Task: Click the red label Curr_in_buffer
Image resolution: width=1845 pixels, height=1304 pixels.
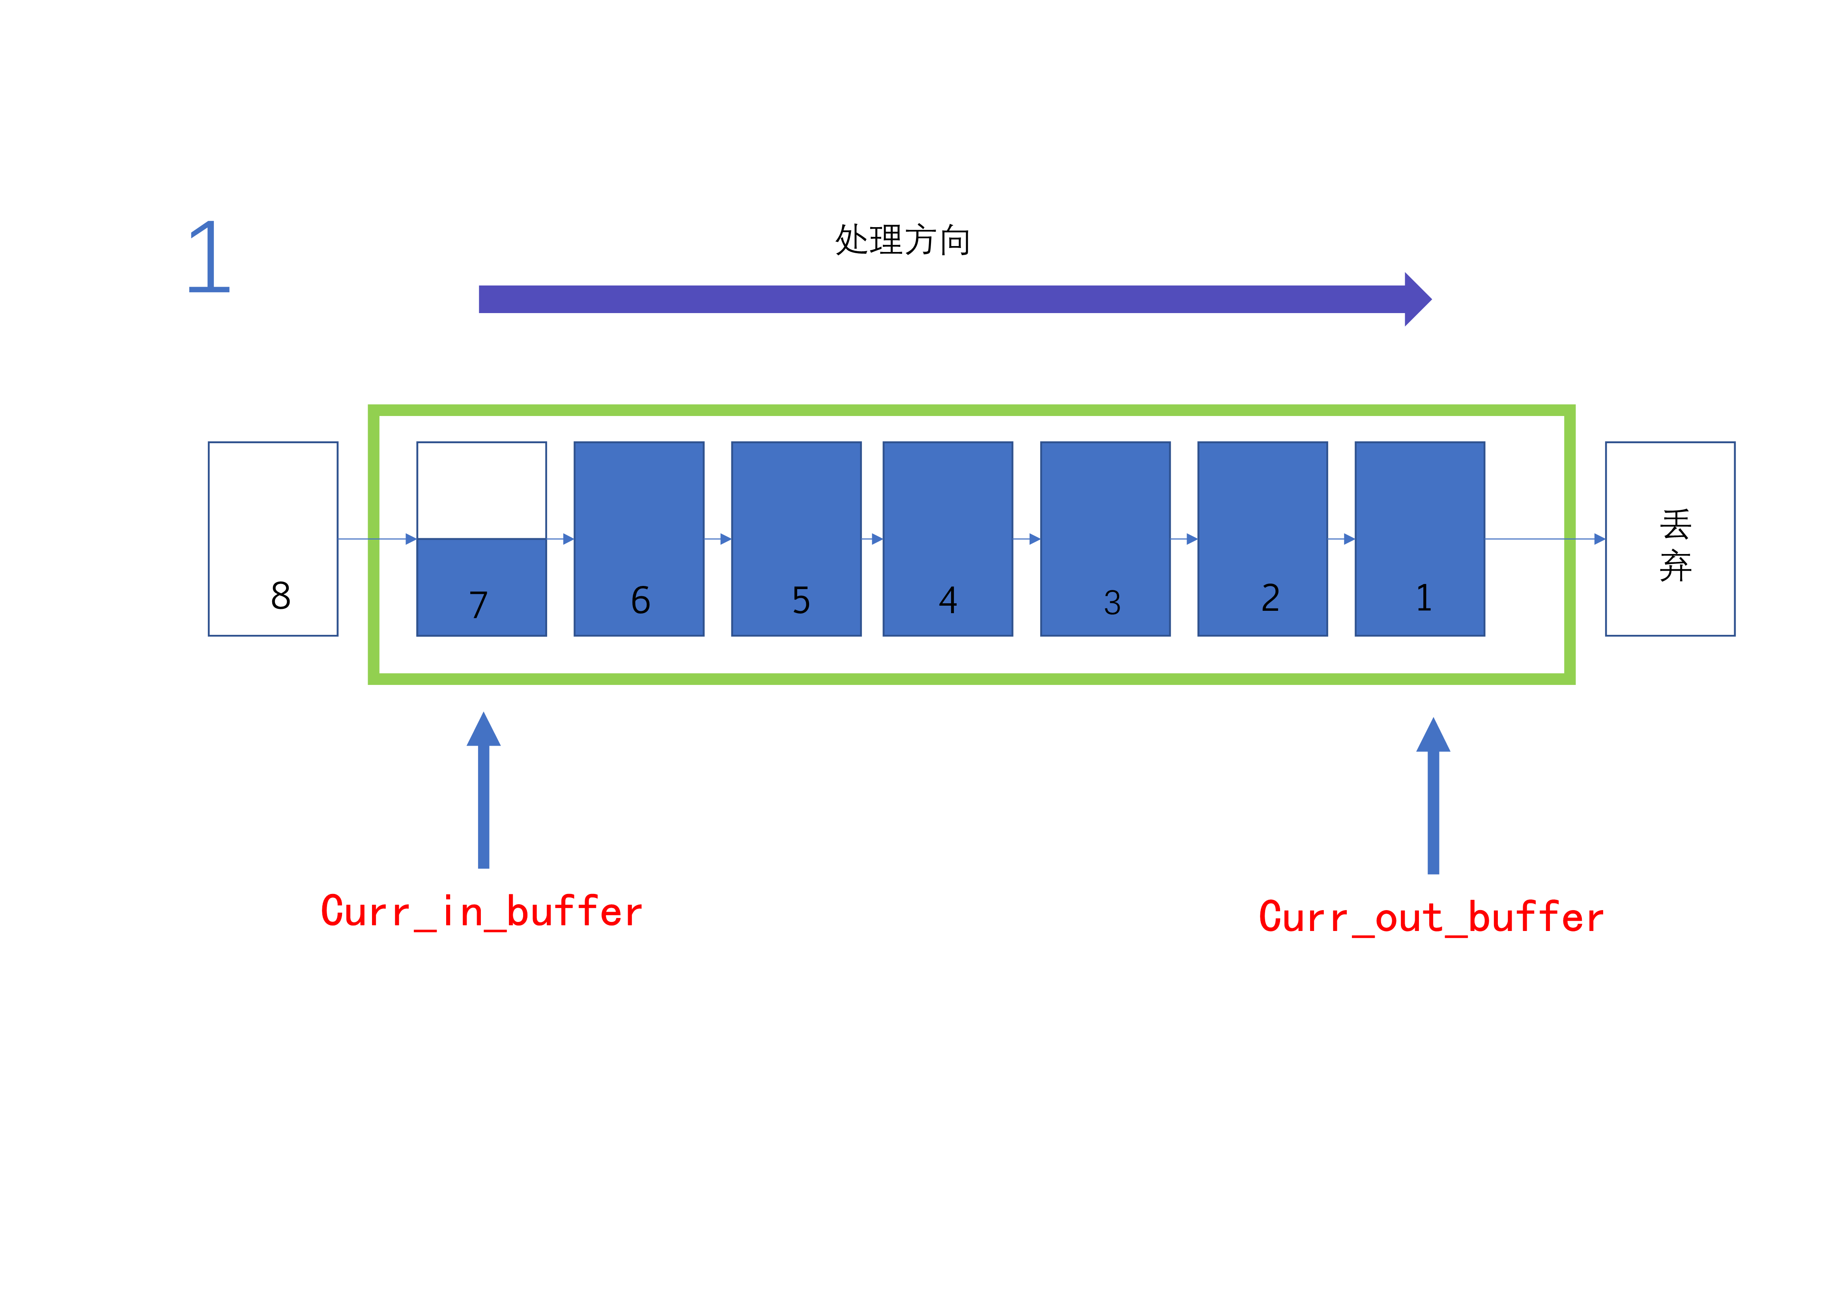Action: click(x=481, y=912)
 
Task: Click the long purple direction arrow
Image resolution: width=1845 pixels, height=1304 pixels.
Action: click(x=948, y=299)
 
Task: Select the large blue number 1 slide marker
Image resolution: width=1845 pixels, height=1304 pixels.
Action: click(x=209, y=257)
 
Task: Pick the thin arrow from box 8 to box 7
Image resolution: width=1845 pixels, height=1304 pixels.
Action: click(x=376, y=539)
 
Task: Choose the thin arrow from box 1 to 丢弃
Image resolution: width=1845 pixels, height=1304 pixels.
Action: click(x=1543, y=539)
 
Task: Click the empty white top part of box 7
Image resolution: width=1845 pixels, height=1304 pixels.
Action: click(x=481, y=490)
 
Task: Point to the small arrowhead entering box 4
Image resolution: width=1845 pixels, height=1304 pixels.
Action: click(x=877, y=539)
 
